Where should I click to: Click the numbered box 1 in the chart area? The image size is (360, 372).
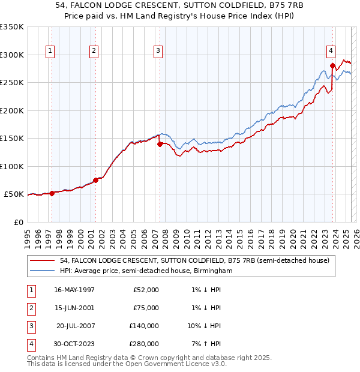point(50,52)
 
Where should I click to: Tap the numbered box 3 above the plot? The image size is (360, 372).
point(158,52)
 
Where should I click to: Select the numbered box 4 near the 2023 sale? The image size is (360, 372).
point(331,52)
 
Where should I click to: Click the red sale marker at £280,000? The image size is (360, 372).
point(332,66)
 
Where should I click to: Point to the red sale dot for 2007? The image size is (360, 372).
point(160,144)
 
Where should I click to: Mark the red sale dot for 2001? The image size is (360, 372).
point(95,180)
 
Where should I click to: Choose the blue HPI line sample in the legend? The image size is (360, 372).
point(43,271)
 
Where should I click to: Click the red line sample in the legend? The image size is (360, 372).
point(43,261)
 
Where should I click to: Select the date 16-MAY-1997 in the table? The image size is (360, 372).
point(74,290)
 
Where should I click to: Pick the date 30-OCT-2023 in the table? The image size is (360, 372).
point(74,344)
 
